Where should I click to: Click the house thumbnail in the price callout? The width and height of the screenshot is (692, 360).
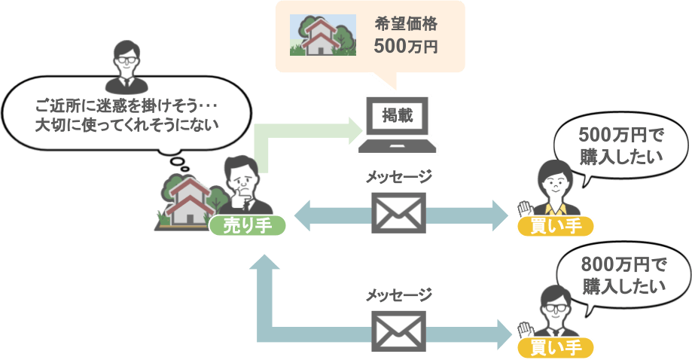click(324, 35)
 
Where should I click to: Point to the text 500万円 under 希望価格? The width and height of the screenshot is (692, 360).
click(405, 46)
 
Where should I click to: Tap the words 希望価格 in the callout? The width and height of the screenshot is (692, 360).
click(405, 23)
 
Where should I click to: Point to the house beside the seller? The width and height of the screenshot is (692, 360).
click(187, 200)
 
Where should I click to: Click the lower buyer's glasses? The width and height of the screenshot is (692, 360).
click(554, 308)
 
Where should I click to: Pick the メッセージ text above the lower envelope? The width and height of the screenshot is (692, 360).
click(399, 294)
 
